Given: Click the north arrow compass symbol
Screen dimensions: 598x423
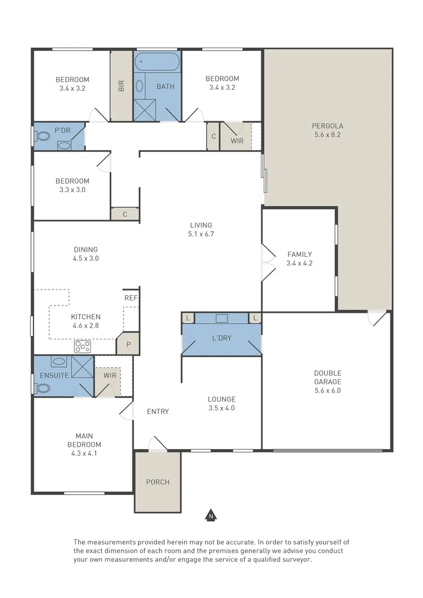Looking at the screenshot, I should coord(210,515).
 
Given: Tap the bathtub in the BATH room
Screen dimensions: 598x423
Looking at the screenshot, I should coord(157,60).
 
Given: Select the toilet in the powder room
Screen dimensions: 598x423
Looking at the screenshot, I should coord(42,135).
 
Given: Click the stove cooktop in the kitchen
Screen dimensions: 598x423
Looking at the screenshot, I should coord(82,347).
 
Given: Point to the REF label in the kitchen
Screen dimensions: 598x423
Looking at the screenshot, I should coord(131,297).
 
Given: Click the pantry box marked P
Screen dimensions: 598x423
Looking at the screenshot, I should coord(128,344).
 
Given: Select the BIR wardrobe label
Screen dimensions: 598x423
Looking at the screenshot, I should coord(121,86).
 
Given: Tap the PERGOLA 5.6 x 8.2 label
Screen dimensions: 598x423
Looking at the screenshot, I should coord(328,130).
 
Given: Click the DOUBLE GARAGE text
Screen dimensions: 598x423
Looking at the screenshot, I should coord(328,377).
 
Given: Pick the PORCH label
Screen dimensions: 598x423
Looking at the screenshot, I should coord(158,482).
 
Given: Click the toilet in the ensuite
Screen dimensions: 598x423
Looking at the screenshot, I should coord(43,388).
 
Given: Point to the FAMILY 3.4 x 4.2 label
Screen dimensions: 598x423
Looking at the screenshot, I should coord(300,259).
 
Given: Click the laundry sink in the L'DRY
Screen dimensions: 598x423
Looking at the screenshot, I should coord(222,318).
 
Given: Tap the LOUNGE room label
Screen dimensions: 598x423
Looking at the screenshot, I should coord(221,399).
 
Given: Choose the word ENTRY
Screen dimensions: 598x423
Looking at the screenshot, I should coord(158,411).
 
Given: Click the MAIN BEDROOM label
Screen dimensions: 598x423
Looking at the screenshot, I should coord(84,440).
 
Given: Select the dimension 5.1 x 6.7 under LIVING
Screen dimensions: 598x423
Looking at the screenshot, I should coord(201,234).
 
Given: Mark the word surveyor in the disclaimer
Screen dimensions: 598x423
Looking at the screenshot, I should coord(297,560).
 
